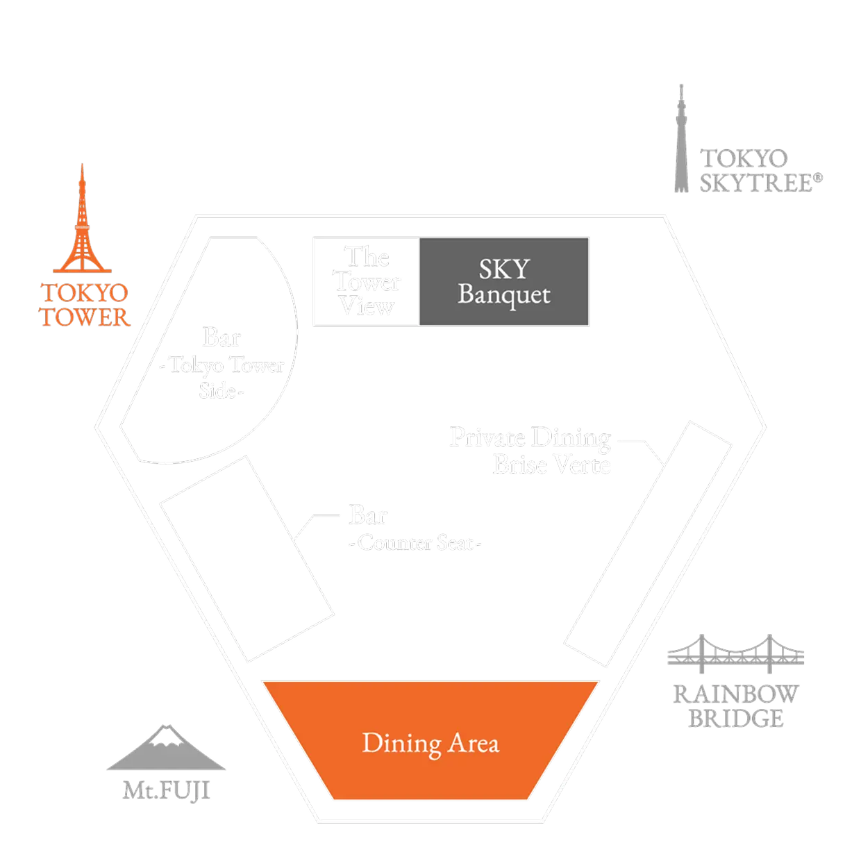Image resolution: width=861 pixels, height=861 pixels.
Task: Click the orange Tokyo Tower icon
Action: (82, 222)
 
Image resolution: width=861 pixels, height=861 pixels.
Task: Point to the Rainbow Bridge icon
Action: (735, 654)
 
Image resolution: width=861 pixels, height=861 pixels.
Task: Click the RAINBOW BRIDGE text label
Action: (735, 705)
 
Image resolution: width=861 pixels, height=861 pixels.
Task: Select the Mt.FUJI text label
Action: (167, 790)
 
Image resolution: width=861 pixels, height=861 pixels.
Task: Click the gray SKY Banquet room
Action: (504, 281)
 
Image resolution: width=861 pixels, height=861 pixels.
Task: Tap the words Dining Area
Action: (430, 744)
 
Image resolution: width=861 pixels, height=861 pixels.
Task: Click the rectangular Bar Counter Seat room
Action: (246, 559)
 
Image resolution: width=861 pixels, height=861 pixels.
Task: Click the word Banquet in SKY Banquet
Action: (504, 294)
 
